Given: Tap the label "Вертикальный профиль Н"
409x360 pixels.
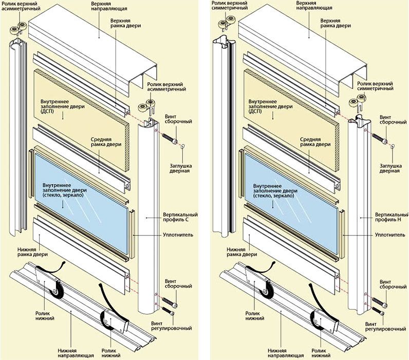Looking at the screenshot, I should (388, 217).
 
